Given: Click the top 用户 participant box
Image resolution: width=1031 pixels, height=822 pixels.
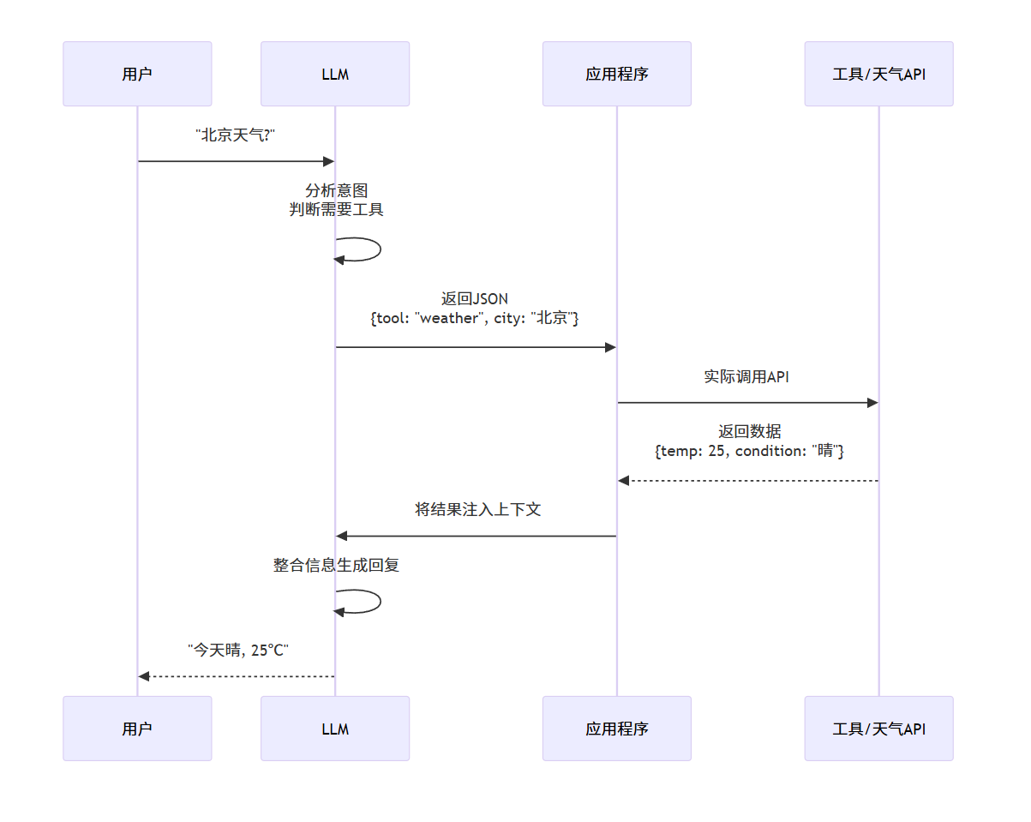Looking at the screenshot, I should click(137, 74).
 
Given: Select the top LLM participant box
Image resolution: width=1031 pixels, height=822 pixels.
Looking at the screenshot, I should click(335, 74).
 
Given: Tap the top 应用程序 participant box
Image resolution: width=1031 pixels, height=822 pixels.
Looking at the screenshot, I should click(616, 74).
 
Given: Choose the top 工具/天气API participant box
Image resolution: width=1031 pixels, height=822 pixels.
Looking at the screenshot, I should click(878, 74).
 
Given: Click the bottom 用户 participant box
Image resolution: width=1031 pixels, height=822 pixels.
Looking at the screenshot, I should click(137, 729).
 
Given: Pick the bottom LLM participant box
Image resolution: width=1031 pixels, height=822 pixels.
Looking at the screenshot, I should click(335, 729).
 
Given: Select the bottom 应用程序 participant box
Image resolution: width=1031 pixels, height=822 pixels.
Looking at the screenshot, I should click(616, 729).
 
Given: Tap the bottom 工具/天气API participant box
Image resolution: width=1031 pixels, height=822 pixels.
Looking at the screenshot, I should click(878, 729).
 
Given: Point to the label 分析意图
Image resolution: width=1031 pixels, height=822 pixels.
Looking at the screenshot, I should click(336, 190).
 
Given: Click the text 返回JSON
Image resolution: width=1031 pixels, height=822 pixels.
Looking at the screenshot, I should click(475, 299).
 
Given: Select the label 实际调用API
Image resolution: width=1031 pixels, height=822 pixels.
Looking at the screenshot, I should click(746, 376).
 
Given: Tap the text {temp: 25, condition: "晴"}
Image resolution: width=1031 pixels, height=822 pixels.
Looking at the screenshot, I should click(749, 451).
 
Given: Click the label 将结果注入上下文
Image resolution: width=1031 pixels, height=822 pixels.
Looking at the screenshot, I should click(477, 509).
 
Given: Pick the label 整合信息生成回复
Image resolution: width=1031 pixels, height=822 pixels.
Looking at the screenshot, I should click(336, 565).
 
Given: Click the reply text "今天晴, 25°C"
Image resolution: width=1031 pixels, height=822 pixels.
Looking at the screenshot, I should click(237, 651).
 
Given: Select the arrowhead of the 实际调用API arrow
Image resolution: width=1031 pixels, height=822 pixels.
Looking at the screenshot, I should click(872, 403).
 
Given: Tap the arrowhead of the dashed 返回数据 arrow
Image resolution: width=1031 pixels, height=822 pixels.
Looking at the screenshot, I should click(624, 481).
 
